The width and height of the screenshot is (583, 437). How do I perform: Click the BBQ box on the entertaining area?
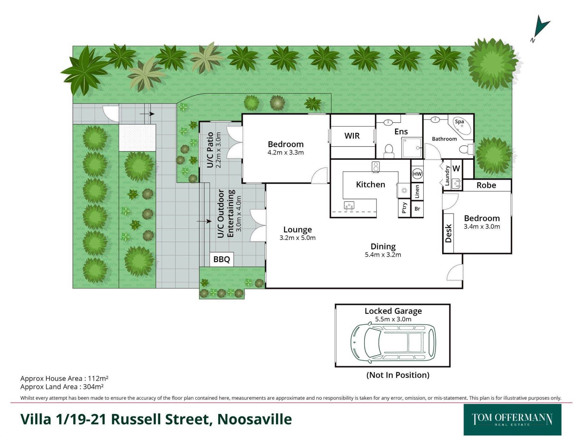click(x=222, y=259)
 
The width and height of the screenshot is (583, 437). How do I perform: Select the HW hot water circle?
click(x=417, y=174)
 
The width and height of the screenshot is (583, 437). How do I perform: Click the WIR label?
click(x=352, y=136)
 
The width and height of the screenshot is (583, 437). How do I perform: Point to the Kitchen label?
click(x=370, y=184)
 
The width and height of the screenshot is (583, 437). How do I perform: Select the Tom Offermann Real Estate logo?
click(x=512, y=420)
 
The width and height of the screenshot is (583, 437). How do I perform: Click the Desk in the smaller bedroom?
click(x=448, y=233)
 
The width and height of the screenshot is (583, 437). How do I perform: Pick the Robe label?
click(x=486, y=185)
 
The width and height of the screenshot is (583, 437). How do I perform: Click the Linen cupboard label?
click(x=417, y=191)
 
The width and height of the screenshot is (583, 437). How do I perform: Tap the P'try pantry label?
click(x=404, y=208)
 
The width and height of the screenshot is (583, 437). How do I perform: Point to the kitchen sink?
click(x=349, y=205)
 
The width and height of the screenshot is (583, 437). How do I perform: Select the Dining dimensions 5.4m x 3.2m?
click(x=383, y=255)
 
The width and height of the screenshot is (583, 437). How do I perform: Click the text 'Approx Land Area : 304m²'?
click(x=62, y=387)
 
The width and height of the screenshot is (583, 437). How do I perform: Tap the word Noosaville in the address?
click(x=254, y=419)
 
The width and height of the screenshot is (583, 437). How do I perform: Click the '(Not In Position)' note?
click(x=398, y=375)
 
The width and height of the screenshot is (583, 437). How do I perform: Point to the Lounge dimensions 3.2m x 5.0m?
click(x=298, y=238)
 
